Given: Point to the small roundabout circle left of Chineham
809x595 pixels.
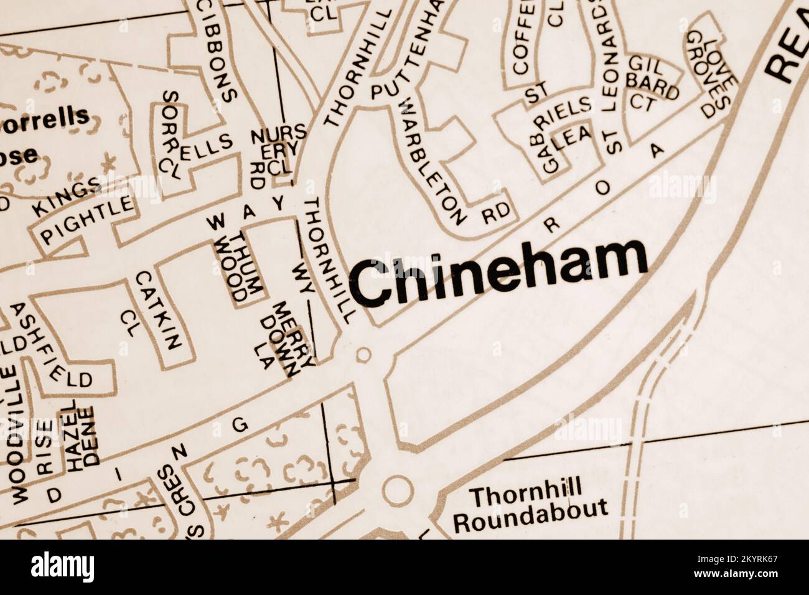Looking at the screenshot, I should tap(363, 355).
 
